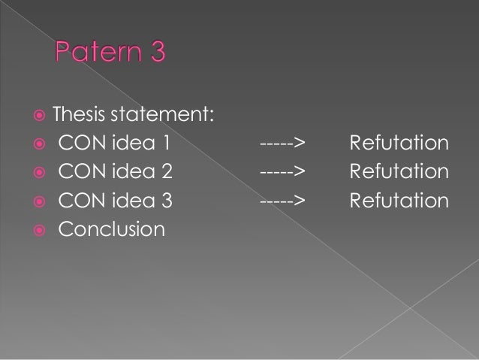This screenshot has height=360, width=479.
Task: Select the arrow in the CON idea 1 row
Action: coord(282,144)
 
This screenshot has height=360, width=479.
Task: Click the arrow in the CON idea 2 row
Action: coord(282,172)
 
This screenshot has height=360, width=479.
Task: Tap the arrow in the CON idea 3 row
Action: coord(282,201)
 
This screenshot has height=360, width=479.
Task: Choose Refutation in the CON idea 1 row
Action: coord(399,144)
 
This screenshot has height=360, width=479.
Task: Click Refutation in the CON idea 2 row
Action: coord(399,172)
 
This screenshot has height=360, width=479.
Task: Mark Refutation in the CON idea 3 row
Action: coord(399,201)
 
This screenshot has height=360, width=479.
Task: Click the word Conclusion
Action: coord(111,228)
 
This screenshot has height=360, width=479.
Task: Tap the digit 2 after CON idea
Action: coord(167,172)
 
